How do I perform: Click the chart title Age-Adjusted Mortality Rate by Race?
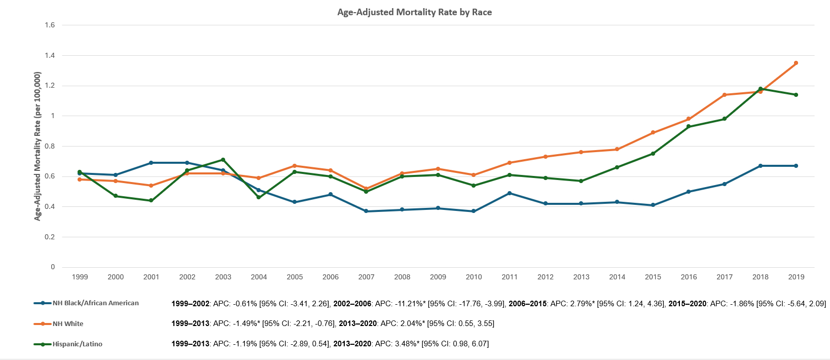click(414, 12)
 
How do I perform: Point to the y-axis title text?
click(38, 146)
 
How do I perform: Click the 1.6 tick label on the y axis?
click(50, 25)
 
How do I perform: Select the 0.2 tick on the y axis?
click(50, 237)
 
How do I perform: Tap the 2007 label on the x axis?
click(366, 277)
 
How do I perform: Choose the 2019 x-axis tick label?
click(796, 277)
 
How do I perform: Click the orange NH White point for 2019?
click(796, 63)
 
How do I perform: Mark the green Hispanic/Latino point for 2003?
click(223, 160)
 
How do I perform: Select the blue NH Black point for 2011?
click(510, 193)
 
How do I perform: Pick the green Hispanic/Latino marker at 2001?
click(151, 200)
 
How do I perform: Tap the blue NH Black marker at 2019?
click(796, 166)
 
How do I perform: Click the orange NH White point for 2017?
click(725, 95)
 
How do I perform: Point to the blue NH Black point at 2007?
click(366, 211)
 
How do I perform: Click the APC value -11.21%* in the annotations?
click(409, 304)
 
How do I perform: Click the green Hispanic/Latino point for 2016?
click(689, 126)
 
